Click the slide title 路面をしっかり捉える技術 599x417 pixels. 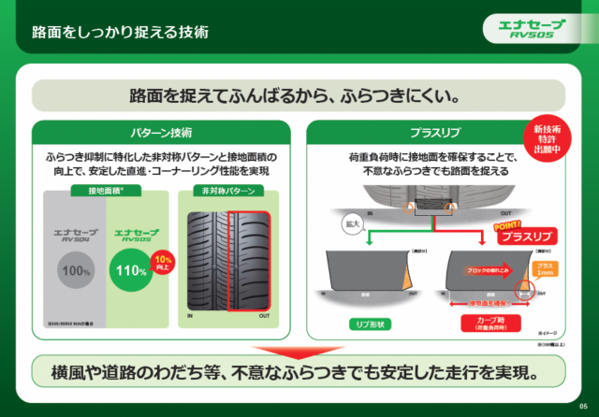point(120,32)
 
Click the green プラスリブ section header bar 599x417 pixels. point(432,132)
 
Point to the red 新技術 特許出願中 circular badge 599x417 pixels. point(547,137)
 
